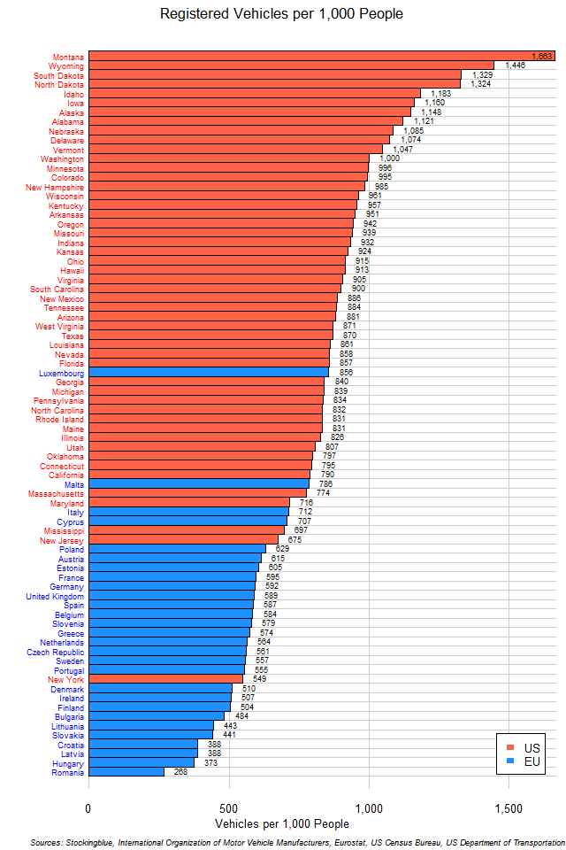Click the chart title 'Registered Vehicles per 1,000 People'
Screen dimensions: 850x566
[x=281, y=14]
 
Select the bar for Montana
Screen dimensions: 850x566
[x=321, y=56]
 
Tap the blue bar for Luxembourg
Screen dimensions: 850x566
[x=209, y=373]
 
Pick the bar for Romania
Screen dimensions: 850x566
[x=126, y=772]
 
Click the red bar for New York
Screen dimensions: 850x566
[x=165, y=679]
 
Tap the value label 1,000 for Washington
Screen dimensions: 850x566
[x=389, y=158]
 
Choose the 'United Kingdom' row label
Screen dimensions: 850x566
[x=55, y=596]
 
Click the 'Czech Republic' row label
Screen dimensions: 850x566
[x=56, y=652]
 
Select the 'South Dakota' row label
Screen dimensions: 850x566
[x=59, y=75]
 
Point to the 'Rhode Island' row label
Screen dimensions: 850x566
[x=59, y=420]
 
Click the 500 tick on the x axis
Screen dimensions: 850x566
[x=229, y=807]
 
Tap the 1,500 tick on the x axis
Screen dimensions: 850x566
[x=509, y=807]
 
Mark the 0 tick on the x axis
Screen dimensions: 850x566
[x=88, y=807]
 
